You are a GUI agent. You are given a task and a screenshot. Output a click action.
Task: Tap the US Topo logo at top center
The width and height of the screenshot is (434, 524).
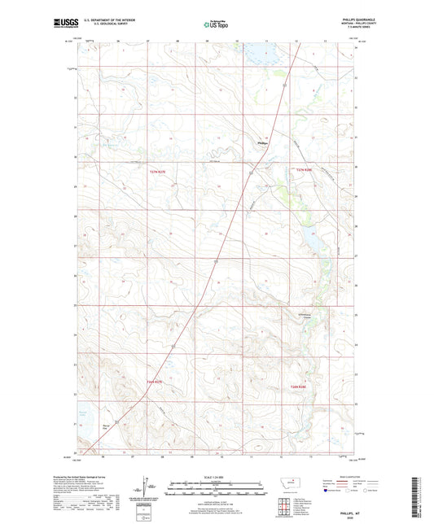(x=217, y=25)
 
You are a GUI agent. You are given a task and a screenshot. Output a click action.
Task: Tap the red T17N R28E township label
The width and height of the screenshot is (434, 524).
(x=304, y=169)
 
